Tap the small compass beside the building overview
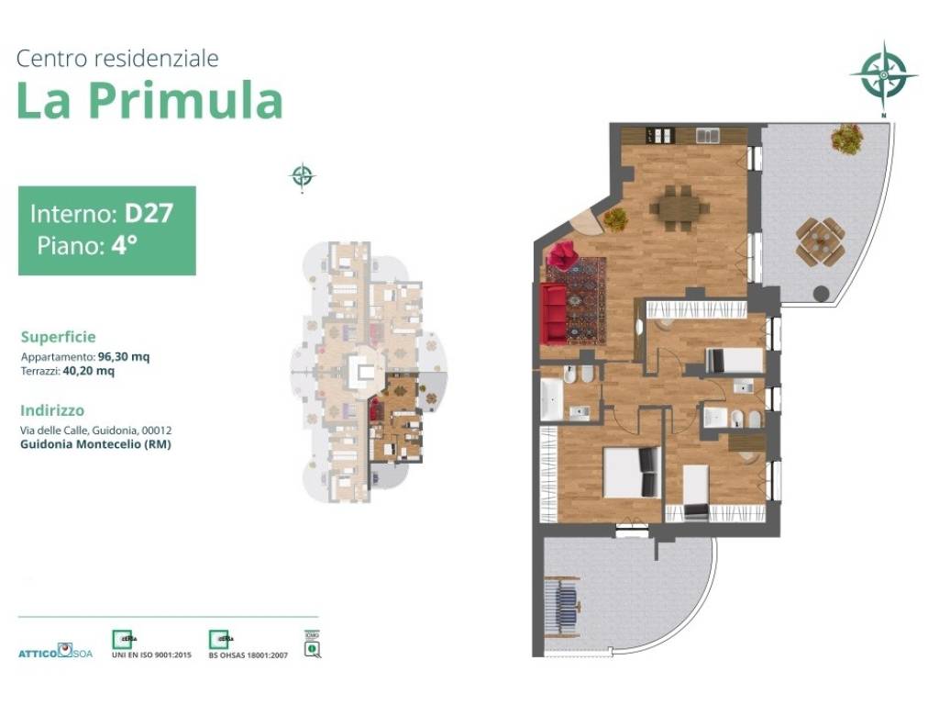302,175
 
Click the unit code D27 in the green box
149,214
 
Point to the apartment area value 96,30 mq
124,357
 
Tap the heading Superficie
58,337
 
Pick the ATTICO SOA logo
54,652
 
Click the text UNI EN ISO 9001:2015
151,655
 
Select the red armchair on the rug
561,254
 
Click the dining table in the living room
680,207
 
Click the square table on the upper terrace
820,241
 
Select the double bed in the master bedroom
631,472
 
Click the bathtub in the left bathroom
549,400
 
